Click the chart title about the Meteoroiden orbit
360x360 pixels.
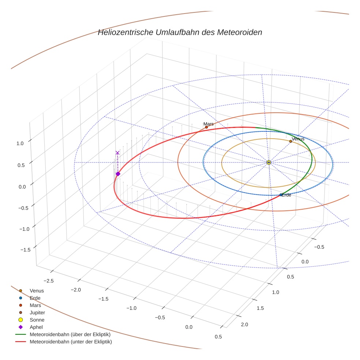click(180, 32)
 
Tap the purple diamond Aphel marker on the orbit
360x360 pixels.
click(118, 174)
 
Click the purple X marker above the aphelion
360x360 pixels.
click(117, 153)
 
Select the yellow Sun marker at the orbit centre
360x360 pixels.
click(269, 162)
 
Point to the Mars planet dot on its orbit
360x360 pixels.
click(206, 127)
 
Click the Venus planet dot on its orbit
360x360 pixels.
click(290, 141)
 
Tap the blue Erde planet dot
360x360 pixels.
click(281, 195)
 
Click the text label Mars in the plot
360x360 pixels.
click(209, 124)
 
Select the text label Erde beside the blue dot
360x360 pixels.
click(286, 195)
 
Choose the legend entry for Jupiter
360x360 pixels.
click(37, 312)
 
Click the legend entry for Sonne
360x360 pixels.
click(37, 320)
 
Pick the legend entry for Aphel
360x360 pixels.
click(36, 327)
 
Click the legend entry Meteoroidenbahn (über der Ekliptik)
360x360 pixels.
click(70, 334)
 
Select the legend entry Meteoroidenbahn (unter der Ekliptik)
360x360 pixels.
click(71, 342)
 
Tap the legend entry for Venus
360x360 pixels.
click(37, 290)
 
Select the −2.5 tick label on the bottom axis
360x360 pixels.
click(49, 281)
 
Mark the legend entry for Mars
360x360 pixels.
click(35, 305)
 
